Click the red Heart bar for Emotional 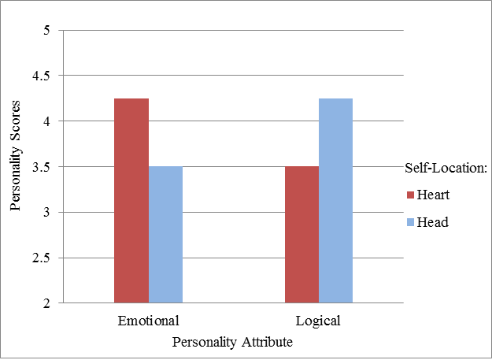pyautogui.click(x=131, y=201)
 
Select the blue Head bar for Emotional pyautogui.click(x=165, y=235)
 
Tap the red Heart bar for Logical pyautogui.click(x=302, y=235)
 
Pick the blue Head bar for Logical pyautogui.click(x=336, y=201)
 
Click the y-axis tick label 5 pyautogui.click(x=46, y=31)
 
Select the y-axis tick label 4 pyautogui.click(x=46, y=121)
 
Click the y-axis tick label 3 pyautogui.click(x=46, y=213)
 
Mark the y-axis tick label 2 pyautogui.click(x=46, y=303)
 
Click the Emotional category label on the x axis pyautogui.click(x=148, y=321)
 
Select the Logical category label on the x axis pyautogui.click(x=320, y=321)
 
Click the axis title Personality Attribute pyautogui.click(x=234, y=342)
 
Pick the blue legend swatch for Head pyautogui.click(x=410, y=223)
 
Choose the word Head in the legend pyautogui.click(x=432, y=223)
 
